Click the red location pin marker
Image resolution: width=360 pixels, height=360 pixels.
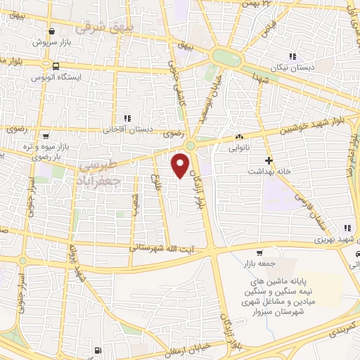point(181,165)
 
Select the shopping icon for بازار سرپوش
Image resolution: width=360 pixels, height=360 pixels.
point(53,31)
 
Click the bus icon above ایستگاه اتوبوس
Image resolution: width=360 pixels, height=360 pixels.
point(54,65)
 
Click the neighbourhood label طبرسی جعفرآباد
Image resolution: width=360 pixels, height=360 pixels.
point(97,173)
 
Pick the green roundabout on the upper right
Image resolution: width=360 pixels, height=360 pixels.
point(226,57)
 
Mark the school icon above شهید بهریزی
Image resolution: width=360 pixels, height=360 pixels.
point(346,228)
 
